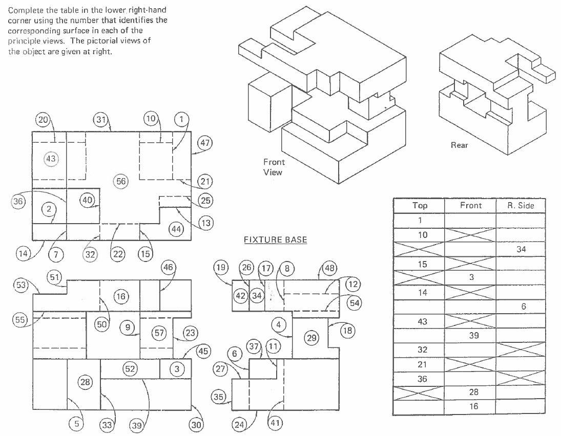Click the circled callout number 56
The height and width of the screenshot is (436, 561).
pos(121,181)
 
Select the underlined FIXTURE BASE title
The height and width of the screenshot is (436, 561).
pos(275,240)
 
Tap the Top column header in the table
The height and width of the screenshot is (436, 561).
pos(419,206)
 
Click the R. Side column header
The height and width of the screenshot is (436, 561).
pos(520,206)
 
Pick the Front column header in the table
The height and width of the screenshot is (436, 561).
pos(470,206)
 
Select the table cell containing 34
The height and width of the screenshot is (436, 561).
pos(521,249)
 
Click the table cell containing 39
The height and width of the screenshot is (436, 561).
pos(470,335)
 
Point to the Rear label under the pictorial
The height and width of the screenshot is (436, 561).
pos(459,145)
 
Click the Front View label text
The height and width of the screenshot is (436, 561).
pos(273,167)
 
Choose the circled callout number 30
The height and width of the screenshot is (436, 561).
pos(196,424)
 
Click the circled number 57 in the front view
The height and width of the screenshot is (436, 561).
pos(160,333)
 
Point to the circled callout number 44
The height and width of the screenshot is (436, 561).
pos(176,230)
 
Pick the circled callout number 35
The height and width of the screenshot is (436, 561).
pos(219,397)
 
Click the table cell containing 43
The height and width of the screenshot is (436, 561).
pos(419,321)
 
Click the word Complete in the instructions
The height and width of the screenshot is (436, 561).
pos(25,10)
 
